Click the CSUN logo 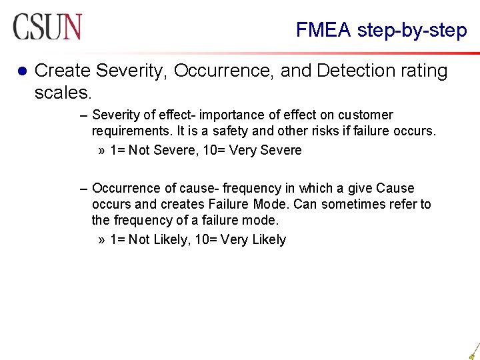click(x=47, y=27)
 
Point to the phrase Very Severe click(x=265, y=150)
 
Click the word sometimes click(x=353, y=204)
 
